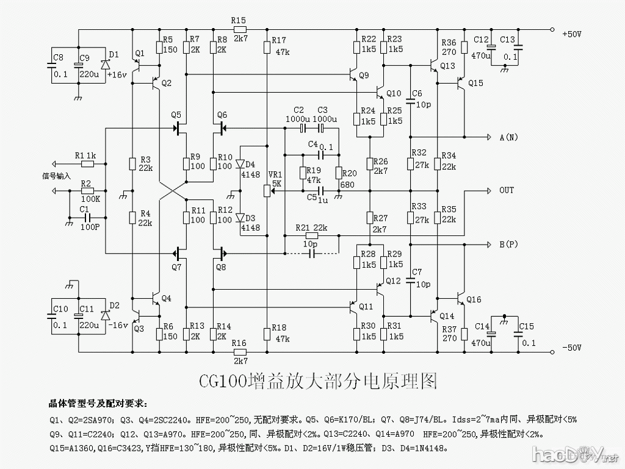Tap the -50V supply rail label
click(573, 348)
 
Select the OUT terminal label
click(507, 190)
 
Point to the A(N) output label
click(508, 138)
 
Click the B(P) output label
click(508, 245)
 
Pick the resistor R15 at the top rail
click(239, 29)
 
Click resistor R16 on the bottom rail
click(239, 352)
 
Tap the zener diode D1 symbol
click(106, 64)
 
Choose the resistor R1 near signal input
click(88, 163)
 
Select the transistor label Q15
click(475, 83)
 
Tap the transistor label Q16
click(474, 299)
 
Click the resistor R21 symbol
click(312, 236)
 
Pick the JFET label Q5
click(176, 115)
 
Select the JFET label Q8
click(220, 266)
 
